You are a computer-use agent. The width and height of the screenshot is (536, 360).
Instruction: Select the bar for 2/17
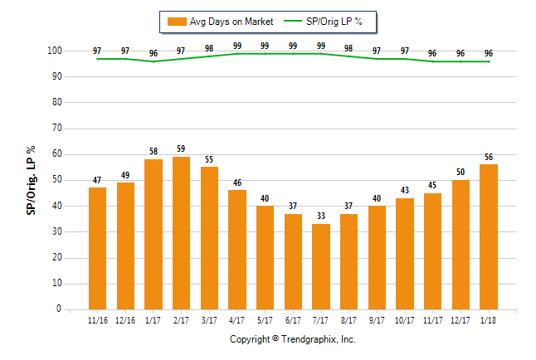coord(181,233)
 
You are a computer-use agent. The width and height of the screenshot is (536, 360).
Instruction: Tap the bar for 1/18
coord(489,236)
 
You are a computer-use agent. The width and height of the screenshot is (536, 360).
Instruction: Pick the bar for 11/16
coord(97,248)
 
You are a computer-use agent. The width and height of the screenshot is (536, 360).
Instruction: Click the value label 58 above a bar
coord(153,151)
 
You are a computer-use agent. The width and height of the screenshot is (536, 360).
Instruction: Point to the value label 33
coord(321,216)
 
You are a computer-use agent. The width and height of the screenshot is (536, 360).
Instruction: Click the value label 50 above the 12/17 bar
coord(460,172)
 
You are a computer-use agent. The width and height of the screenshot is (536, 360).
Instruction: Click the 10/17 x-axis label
coord(405,321)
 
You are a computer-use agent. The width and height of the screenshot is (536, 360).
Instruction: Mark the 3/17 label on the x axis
coord(209,321)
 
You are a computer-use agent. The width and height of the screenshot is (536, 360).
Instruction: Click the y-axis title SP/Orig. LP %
coord(32,180)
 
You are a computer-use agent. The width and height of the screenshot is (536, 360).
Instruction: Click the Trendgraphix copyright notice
coord(292,340)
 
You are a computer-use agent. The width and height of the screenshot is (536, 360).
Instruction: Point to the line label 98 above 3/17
coord(209,48)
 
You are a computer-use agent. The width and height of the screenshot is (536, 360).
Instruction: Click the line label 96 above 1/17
coord(153,53)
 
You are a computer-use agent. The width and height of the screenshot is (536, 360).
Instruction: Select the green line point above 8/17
coord(349,56)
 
